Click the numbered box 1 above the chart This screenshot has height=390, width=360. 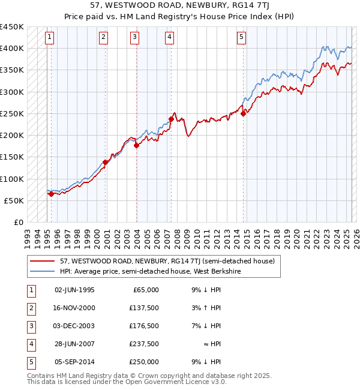[49, 37]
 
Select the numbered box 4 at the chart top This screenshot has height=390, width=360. [170, 37]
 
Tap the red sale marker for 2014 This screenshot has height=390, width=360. [243, 113]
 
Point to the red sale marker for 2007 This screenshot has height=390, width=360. [171, 119]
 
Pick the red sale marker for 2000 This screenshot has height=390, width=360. [105, 162]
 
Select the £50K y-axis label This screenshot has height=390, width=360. [14, 200]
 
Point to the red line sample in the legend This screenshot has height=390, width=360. [42, 261]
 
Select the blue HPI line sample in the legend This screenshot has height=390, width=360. [42, 271]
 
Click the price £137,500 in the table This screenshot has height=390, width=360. [144, 308]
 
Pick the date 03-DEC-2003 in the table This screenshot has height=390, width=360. [74, 326]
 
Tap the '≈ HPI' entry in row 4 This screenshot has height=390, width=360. [211, 344]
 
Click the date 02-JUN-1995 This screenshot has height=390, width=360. [74, 290]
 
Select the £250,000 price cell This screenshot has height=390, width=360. [144, 362]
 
